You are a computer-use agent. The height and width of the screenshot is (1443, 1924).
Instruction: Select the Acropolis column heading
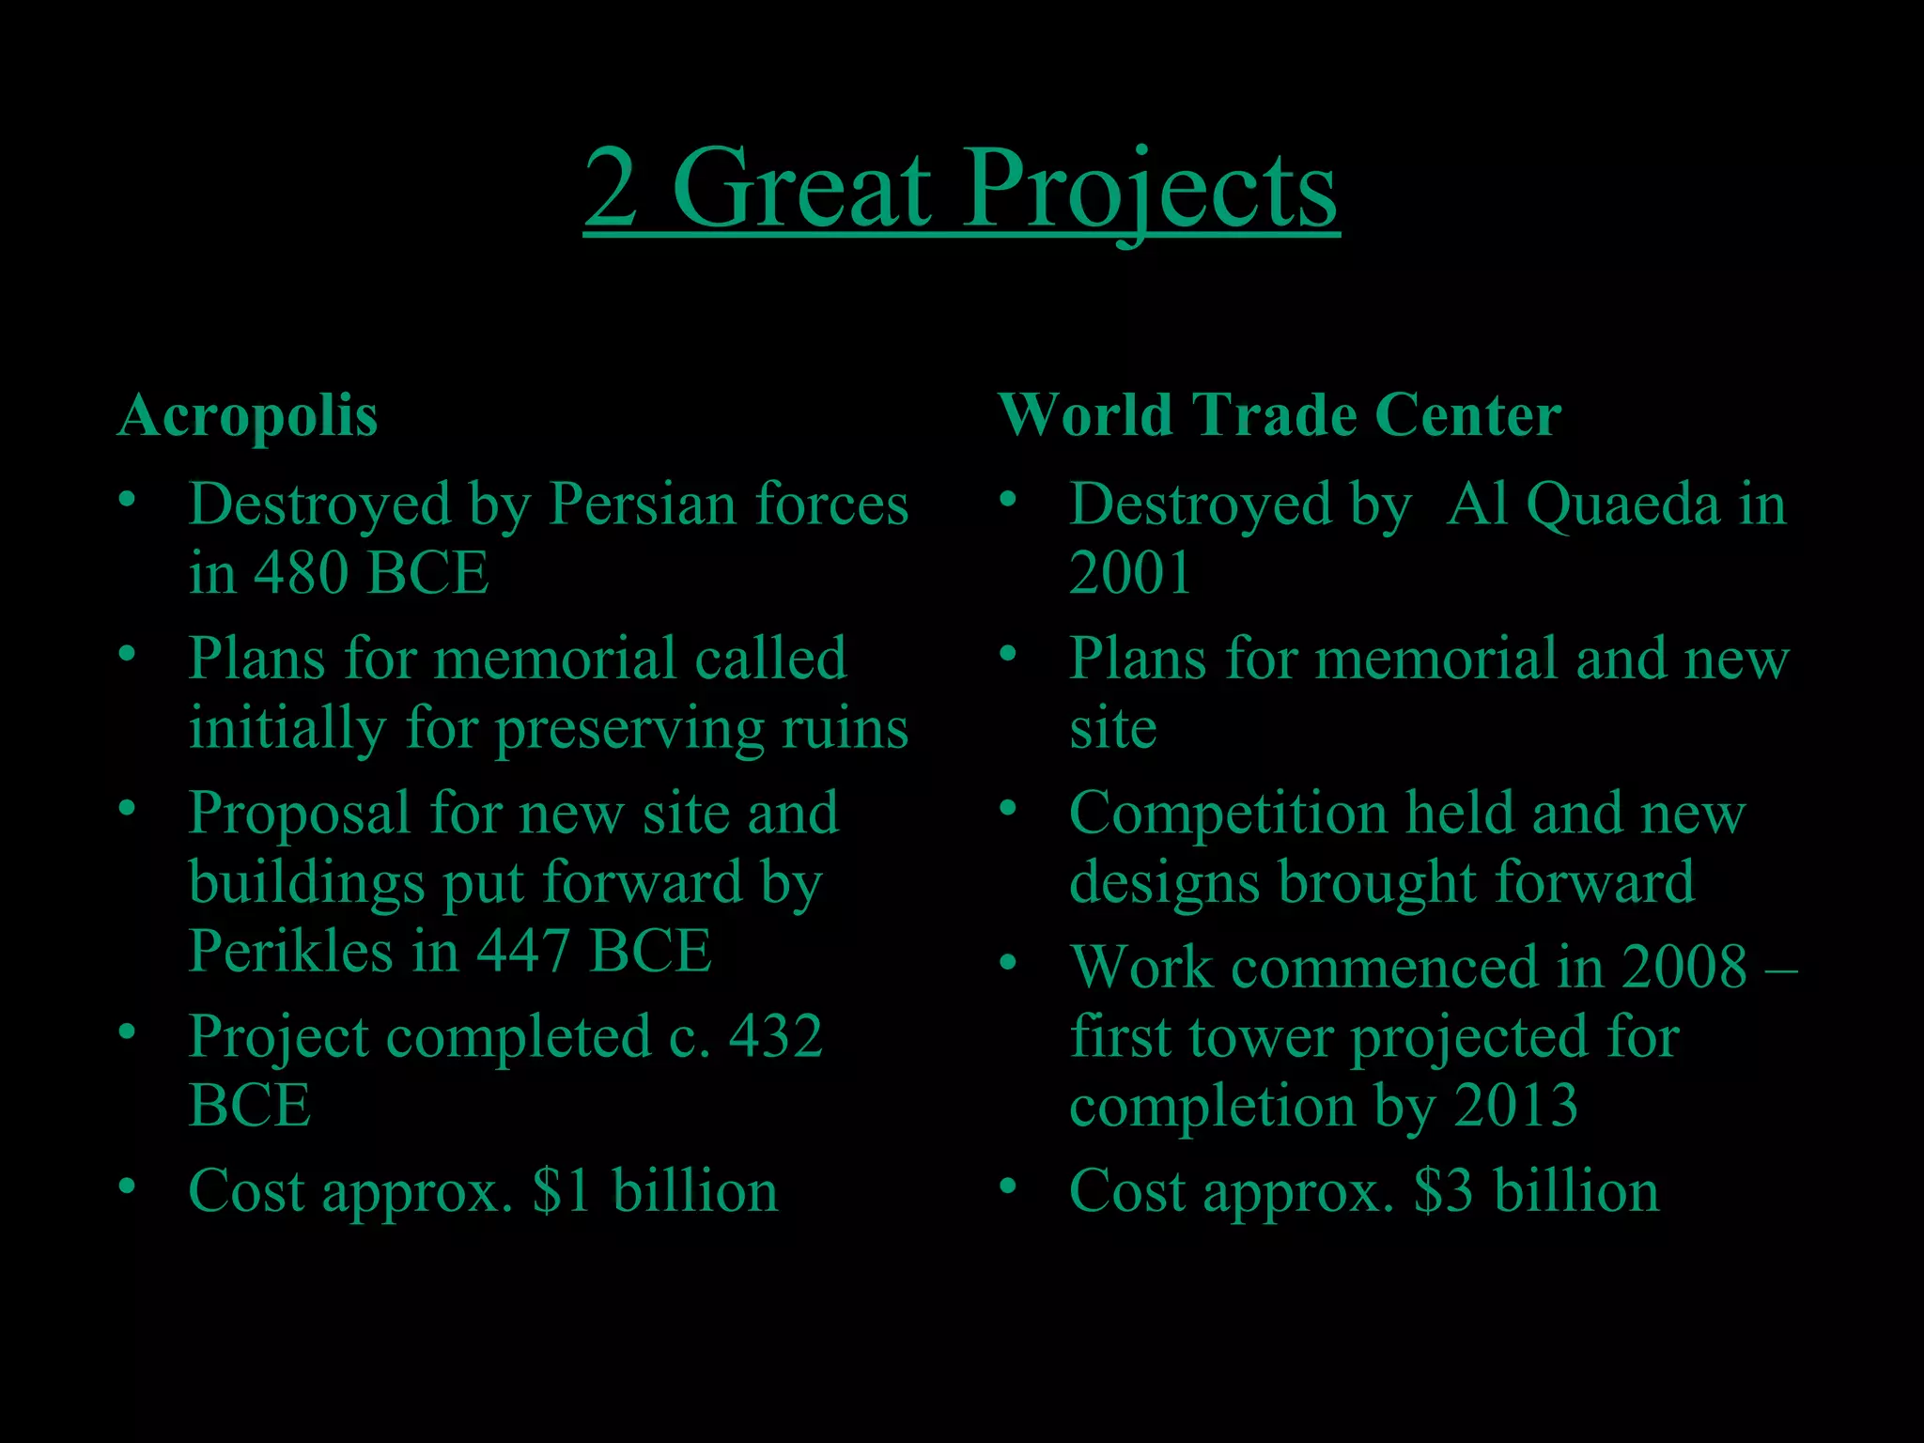[x=247, y=415]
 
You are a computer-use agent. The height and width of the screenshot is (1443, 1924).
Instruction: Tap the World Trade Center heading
[x=1279, y=415]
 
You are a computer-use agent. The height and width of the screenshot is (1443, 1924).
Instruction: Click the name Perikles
[x=290, y=951]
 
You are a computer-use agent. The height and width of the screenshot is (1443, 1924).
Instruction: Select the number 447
[x=522, y=951]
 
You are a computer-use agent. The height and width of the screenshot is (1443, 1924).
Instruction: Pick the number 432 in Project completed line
[x=776, y=1036]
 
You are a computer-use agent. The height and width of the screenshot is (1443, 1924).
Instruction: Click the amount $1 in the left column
[x=561, y=1191]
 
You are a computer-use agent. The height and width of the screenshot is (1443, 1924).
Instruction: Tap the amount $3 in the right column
[x=1443, y=1191]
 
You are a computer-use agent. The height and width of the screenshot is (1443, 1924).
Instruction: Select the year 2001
[x=1130, y=573]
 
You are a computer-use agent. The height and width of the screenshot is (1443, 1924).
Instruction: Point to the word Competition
[x=1228, y=813]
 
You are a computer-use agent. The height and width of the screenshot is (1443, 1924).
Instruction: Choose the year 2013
[x=1515, y=1106]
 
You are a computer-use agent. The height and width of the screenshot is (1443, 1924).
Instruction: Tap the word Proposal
[x=299, y=814]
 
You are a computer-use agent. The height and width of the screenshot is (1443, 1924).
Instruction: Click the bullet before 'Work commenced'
[x=1008, y=962]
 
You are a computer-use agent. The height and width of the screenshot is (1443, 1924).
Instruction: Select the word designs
[x=1164, y=883]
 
